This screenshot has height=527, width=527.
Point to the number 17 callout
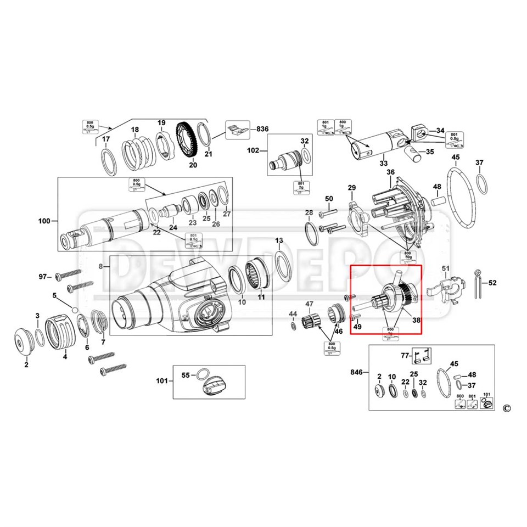106,139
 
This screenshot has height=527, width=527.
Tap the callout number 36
390,172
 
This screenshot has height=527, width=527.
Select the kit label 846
356,373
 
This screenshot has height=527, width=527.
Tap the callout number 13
279,241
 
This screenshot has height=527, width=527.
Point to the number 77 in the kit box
405,356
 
